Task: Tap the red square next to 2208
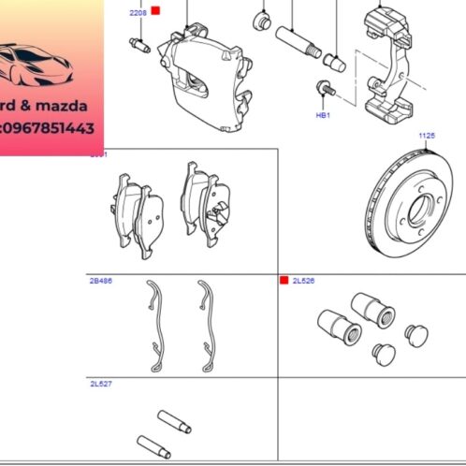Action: [x=155, y=11]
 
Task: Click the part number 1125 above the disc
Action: [x=427, y=136]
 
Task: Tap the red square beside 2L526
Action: [x=284, y=280]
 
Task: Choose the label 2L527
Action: [x=100, y=384]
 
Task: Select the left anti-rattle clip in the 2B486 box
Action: [x=155, y=318]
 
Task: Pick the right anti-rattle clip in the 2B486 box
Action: [x=205, y=318]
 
